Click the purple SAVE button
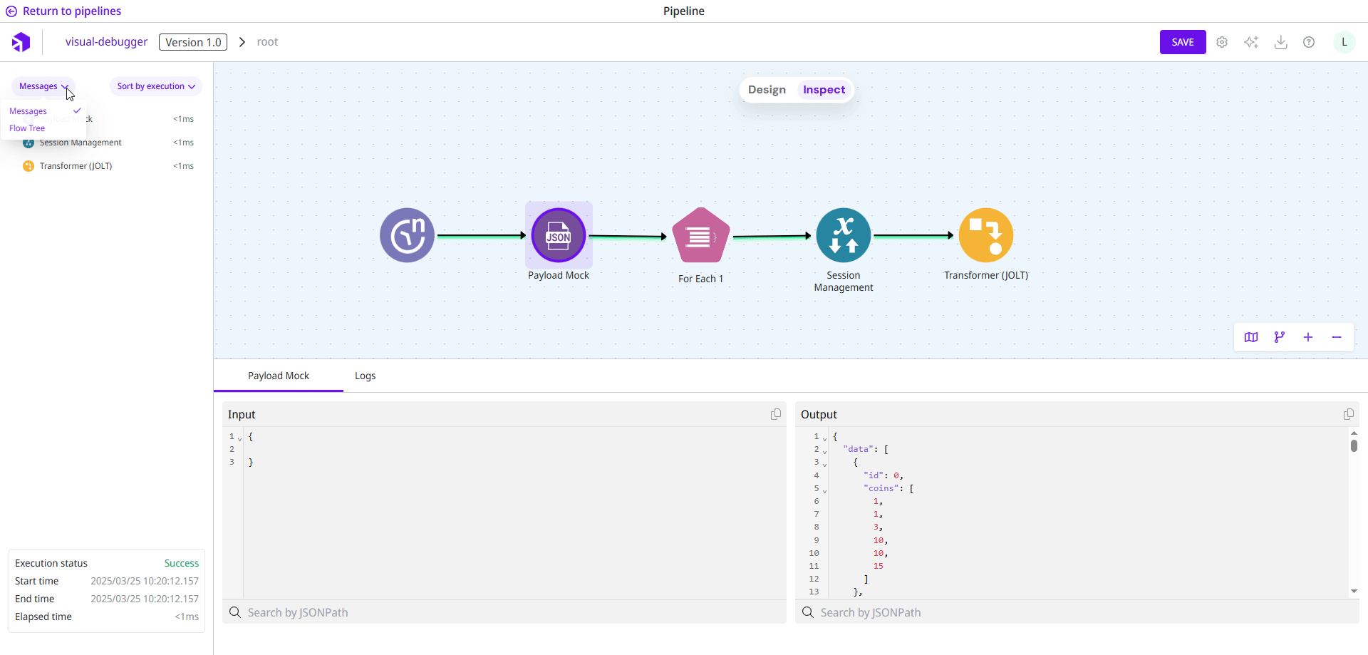[1182, 42]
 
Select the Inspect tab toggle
[824, 90]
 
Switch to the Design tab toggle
[767, 90]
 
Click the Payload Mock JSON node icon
[559, 235]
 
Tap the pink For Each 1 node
[701, 236]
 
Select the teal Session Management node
[844, 235]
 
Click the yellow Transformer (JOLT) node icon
[986, 235]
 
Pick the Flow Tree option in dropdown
[27, 128]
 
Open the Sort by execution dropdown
[156, 86]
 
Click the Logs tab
[365, 376]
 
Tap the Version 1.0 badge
[193, 42]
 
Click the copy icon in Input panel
[776, 414]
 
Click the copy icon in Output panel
[1348, 414]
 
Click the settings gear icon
[1222, 42]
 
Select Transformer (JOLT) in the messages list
[76, 166]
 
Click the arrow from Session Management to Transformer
[913, 235]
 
